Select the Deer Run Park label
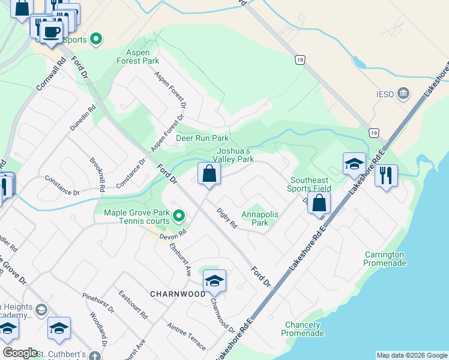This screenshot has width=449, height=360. [x=202, y=138]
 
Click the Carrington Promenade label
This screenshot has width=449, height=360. [x=384, y=259]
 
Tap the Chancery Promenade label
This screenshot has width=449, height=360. [x=303, y=329]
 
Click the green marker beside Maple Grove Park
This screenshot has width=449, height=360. [x=178, y=215]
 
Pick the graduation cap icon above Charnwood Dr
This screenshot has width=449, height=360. [x=214, y=280]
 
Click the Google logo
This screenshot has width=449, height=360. [x=20, y=353]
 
